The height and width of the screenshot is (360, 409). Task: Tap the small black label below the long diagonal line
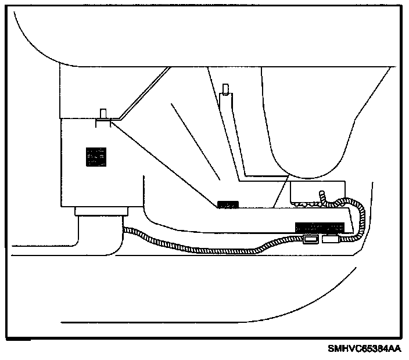pyautogui.click(x=228, y=204)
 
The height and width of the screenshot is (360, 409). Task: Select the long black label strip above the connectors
pyautogui.click(x=320, y=226)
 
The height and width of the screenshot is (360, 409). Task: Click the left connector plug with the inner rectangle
pyautogui.click(x=310, y=239)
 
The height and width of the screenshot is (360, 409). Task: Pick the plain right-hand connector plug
pyautogui.click(x=331, y=238)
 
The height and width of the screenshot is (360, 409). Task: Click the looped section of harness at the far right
pyautogui.click(x=358, y=215)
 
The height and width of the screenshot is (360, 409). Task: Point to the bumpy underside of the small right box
pyautogui.click(x=308, y=204)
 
